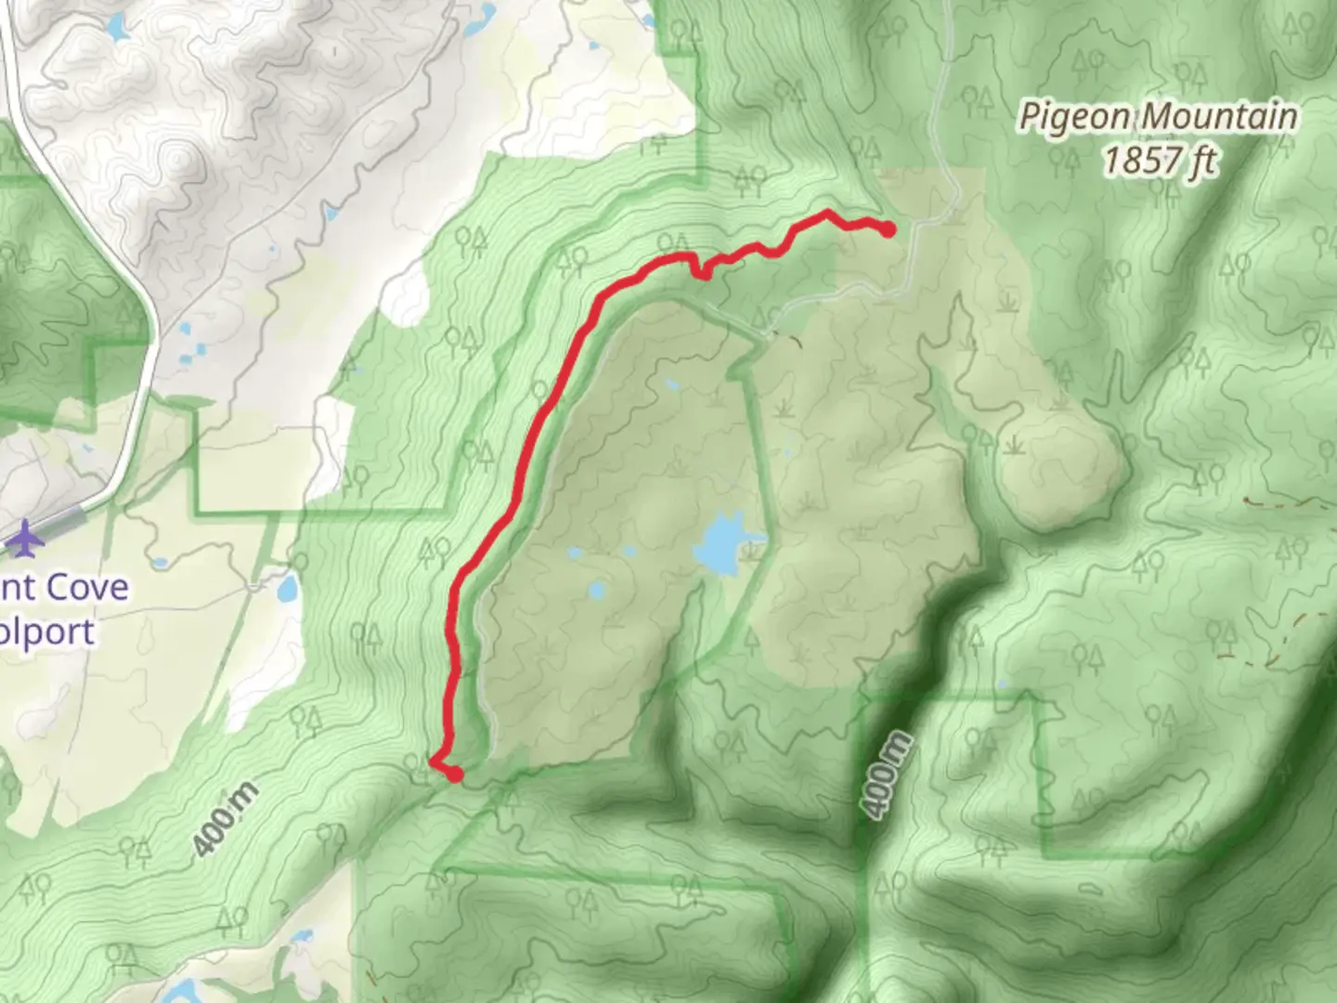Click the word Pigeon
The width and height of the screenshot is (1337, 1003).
1075,118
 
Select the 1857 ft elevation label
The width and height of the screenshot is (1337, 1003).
1160,161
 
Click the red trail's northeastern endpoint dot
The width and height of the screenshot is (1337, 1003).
888,229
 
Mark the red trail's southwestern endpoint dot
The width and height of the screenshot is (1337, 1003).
455,773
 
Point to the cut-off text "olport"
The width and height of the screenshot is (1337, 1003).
46,632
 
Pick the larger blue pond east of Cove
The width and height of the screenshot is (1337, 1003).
287,588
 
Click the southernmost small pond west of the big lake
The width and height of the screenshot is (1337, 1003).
595,590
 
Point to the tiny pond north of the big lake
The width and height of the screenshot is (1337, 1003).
670,383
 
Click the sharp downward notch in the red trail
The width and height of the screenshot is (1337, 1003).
703,274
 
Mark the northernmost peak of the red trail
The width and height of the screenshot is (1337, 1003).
826,215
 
